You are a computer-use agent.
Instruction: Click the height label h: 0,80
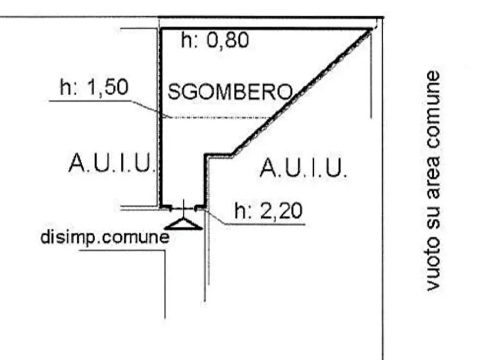click(215, 40)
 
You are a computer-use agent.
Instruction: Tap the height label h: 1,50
click(94, 87)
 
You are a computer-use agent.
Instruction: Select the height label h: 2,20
click(268, 211)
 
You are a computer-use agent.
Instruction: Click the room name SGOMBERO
click(230, 91)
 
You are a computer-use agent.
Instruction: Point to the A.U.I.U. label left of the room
click(111, 163)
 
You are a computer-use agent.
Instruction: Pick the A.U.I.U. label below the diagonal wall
click(303, 168)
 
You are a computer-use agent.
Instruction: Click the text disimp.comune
click(105, 237)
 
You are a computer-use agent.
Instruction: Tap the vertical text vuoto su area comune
click(433, 181)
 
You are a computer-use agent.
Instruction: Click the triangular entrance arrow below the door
click(183, 224)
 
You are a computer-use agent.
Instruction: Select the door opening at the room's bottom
click(183, 208)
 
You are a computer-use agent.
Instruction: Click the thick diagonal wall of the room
click(303, 91)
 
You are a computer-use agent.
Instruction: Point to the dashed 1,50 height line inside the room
click(218, 117)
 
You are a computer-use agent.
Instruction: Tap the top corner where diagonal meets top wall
click(372, 29)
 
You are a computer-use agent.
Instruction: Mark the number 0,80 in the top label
click(227, 40)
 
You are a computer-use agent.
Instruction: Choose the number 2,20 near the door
click(281, 211)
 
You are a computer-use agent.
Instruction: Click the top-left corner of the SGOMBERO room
click(160, 29)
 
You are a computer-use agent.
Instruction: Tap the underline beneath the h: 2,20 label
click(265, 225)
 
